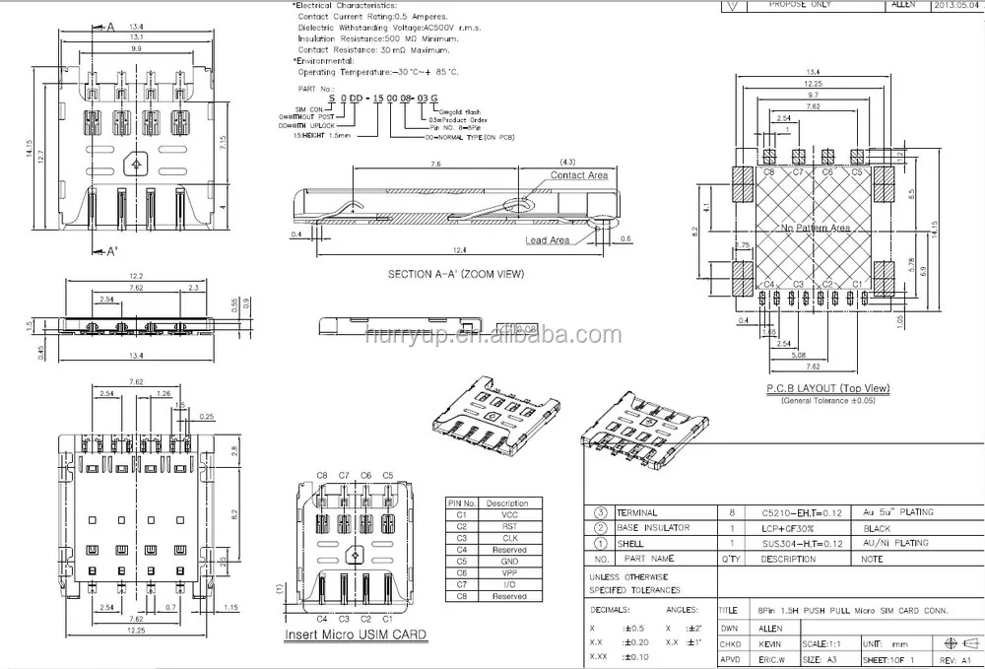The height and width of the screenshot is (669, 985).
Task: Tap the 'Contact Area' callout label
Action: point(578,175)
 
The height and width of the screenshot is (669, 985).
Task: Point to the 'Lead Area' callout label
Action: point(547,239)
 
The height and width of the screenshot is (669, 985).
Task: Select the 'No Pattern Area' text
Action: point(814,228)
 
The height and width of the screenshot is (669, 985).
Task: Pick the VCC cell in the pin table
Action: point(509,513)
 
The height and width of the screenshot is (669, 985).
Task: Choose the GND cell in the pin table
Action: point(509,561)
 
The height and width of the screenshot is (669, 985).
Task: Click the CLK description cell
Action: point(509,537)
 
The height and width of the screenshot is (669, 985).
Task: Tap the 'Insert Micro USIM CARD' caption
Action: point(356,635)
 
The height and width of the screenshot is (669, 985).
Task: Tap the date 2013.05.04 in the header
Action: point(955,5)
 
